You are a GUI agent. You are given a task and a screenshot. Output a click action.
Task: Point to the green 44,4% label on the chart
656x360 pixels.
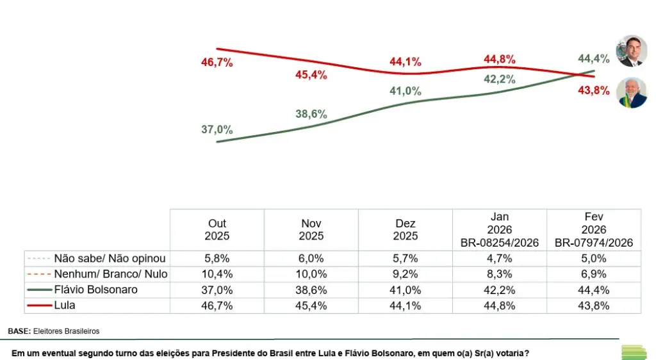(593, 58)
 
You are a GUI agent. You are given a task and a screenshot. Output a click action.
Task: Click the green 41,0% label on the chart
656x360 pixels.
(405, 91)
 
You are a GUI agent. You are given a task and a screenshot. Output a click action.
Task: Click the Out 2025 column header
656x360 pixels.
(217, 229)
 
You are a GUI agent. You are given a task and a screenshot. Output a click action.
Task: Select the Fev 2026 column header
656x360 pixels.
(594, 229)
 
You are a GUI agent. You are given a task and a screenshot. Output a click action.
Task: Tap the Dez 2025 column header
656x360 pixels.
(406, 229)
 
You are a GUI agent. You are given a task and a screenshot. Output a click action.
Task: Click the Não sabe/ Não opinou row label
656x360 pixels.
(110, 259)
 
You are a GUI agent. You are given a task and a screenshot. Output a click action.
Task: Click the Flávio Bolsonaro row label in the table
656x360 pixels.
(95, 290)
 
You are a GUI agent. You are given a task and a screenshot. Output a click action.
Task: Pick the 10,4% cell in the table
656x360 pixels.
(217, 274)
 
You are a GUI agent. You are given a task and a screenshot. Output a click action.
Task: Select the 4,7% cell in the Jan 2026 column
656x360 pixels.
(500, 259)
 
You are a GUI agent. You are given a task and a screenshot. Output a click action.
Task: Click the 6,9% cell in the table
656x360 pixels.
(594, 274)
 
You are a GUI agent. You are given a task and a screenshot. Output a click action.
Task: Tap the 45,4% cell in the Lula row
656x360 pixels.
(311, 306)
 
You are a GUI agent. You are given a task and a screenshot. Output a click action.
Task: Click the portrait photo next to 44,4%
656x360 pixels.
(631, 51)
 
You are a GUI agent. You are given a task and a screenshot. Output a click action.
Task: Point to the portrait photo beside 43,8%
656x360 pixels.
(631, 93)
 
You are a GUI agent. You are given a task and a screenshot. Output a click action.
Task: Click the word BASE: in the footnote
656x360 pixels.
(20, 331)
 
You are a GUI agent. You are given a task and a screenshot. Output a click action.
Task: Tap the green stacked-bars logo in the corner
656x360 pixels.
(634, 352)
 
